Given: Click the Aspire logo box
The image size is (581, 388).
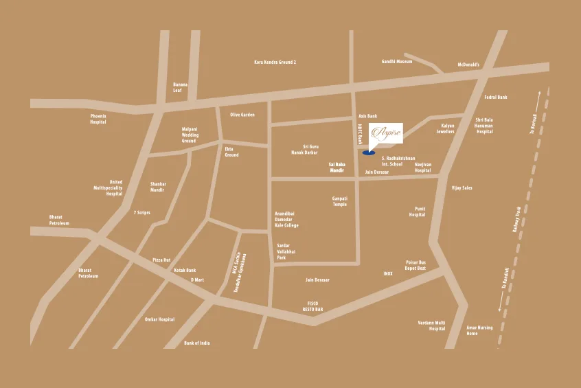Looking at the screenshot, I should (385, 133).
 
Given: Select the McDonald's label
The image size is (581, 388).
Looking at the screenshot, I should (468, 65).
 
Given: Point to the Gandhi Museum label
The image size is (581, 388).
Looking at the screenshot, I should (396, 62).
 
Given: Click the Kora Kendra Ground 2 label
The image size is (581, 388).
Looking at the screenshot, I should (275, 62).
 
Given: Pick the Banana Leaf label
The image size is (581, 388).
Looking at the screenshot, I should (180, 87).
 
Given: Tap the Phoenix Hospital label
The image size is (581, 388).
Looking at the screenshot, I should (98, 119).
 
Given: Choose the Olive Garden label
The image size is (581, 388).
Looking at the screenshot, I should (242, 115).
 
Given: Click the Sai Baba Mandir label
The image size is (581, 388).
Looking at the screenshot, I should (336, 167).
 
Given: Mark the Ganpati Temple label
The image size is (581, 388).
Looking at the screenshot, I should (339, 201).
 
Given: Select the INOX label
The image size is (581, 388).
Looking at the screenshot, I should (388, 273).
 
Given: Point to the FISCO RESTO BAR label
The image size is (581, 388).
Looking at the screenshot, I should (312, 306).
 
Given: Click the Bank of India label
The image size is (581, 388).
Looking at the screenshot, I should (197, 342).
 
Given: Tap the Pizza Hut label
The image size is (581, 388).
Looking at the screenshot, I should (161, 260).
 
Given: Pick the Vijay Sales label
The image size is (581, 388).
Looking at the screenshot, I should (462, 187).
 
